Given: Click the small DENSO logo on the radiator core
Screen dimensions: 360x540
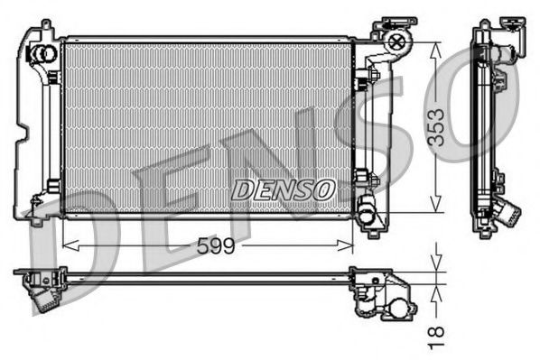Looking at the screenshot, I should click(284, 189).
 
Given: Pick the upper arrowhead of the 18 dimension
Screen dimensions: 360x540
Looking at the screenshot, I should click(437, 266).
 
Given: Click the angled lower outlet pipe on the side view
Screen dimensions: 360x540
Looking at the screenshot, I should click(507, 215).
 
